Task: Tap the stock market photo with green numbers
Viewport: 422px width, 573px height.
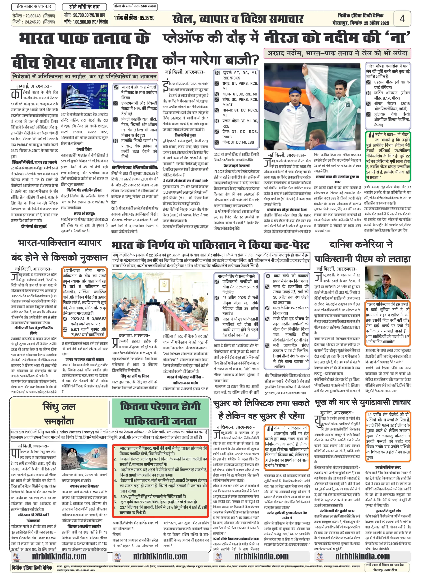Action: click(84, 96)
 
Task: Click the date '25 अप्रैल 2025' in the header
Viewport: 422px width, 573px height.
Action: click(376, 23)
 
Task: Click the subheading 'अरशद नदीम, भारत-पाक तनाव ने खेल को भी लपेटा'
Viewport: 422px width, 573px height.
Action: click(337, 53)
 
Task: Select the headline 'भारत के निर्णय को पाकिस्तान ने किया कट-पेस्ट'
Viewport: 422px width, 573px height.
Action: click(211, 245)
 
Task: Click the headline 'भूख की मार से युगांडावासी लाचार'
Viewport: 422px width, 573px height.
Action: click(363, 402)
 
